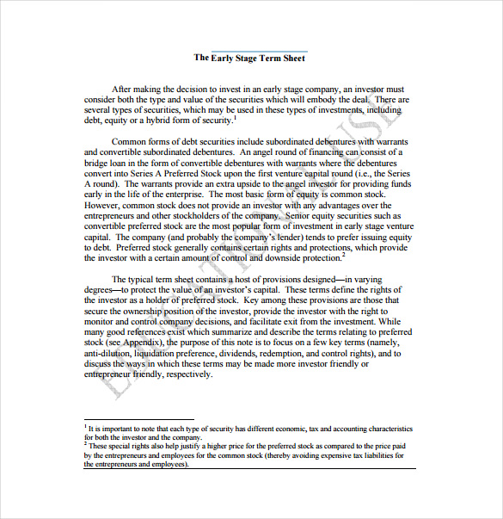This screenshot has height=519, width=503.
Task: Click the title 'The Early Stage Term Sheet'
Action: coord(248,59)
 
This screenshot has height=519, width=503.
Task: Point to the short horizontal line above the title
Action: coord(259,51)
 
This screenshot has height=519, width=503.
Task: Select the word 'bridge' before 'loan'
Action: coord(98,163)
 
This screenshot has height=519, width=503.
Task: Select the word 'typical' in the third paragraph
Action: coord(147,280)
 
